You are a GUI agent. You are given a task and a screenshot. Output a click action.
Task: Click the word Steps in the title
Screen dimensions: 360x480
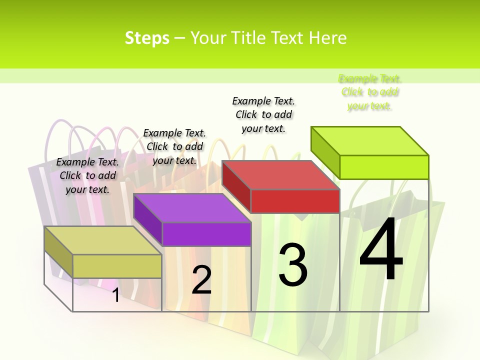pyautogui.click(x=147, y=38)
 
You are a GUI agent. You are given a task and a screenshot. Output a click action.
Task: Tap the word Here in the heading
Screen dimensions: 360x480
pyautogui.click(x=328, y=38)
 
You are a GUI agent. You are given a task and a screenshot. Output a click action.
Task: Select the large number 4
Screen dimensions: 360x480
pyautogui.click(x=381, y=250)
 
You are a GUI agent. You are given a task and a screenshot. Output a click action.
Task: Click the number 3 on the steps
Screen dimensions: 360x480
pyautogui.click(x=293, y=264)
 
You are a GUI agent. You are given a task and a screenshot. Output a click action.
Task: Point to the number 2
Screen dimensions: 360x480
pyautogui.click(x=201, y=280)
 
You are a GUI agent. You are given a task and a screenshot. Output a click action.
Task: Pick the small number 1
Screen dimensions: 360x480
pyautogui.click(x=115, y=295)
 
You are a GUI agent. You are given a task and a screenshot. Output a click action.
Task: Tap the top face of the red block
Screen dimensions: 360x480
pyautogui.click(x=280, y=175)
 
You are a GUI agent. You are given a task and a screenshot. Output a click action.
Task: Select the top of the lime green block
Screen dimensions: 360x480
pyautogui.click(x=370, y=140)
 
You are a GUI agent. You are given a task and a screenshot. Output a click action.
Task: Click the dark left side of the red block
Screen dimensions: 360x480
pyautogui.click(x=236, y=185)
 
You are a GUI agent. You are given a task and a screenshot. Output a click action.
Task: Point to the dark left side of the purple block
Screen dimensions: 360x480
pyautogui.click(x=147, y=219)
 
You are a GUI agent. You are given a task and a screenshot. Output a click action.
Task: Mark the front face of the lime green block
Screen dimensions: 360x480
pyautogui.click(x=384, y=167)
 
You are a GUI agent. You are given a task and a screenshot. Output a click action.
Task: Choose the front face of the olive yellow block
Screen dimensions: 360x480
pyautogui.click(x=117, y=265)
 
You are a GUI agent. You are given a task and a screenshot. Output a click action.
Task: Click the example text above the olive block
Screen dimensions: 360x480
pyautogui.click(x=87, y=175)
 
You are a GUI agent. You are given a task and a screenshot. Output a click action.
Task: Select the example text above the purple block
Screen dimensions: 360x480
pyautogui.click(x=174, y=146)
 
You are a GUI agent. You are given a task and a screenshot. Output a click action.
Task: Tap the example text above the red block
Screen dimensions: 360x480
pyautogui.click(x=263, y=114)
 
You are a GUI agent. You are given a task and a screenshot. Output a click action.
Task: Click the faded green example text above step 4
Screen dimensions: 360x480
pyautogui.click(x=369, y=92)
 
